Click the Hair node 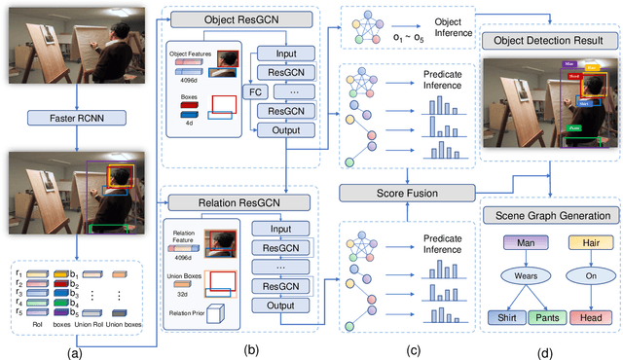pyautogui.click(x=580, y=242)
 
